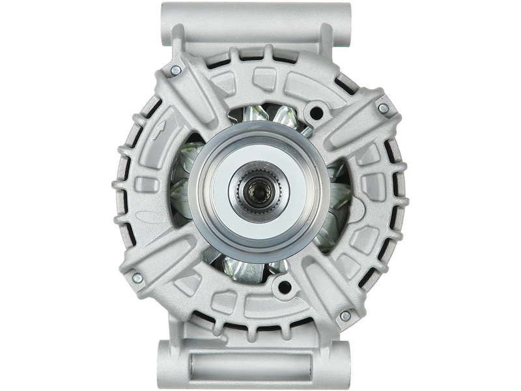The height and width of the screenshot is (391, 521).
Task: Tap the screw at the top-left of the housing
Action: pyautogui.click(x=174, y=70)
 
